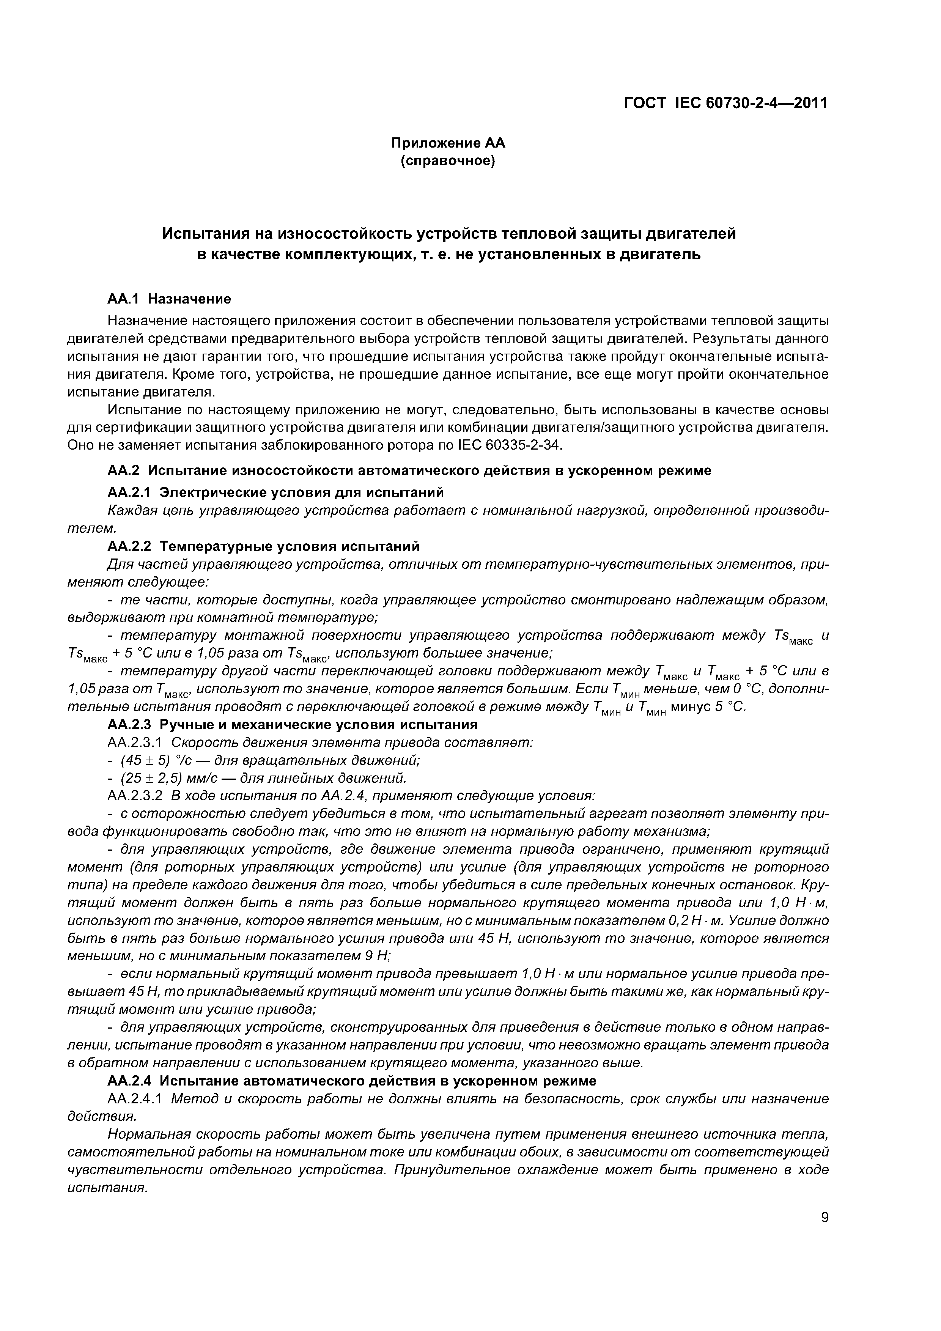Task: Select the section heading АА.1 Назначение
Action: [x=169, y=299]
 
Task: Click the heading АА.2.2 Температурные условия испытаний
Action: [x=263, y=546]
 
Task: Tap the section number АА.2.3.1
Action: [x=137, y=742]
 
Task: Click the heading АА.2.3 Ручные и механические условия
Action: [x=292, y=725]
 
